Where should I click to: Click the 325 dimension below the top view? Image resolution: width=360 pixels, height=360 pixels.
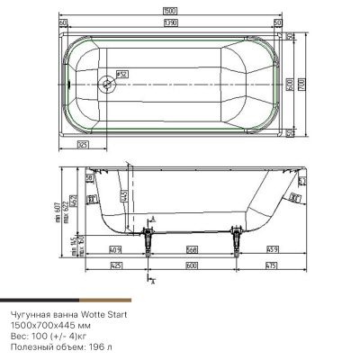[84, 145]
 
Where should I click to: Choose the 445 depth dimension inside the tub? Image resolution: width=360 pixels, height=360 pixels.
[125, 195]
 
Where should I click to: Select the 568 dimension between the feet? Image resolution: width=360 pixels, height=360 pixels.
[193, 250]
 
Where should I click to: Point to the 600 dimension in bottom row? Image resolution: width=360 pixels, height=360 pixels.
[192, 265]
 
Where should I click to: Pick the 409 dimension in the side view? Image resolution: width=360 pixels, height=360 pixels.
[115, 250]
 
